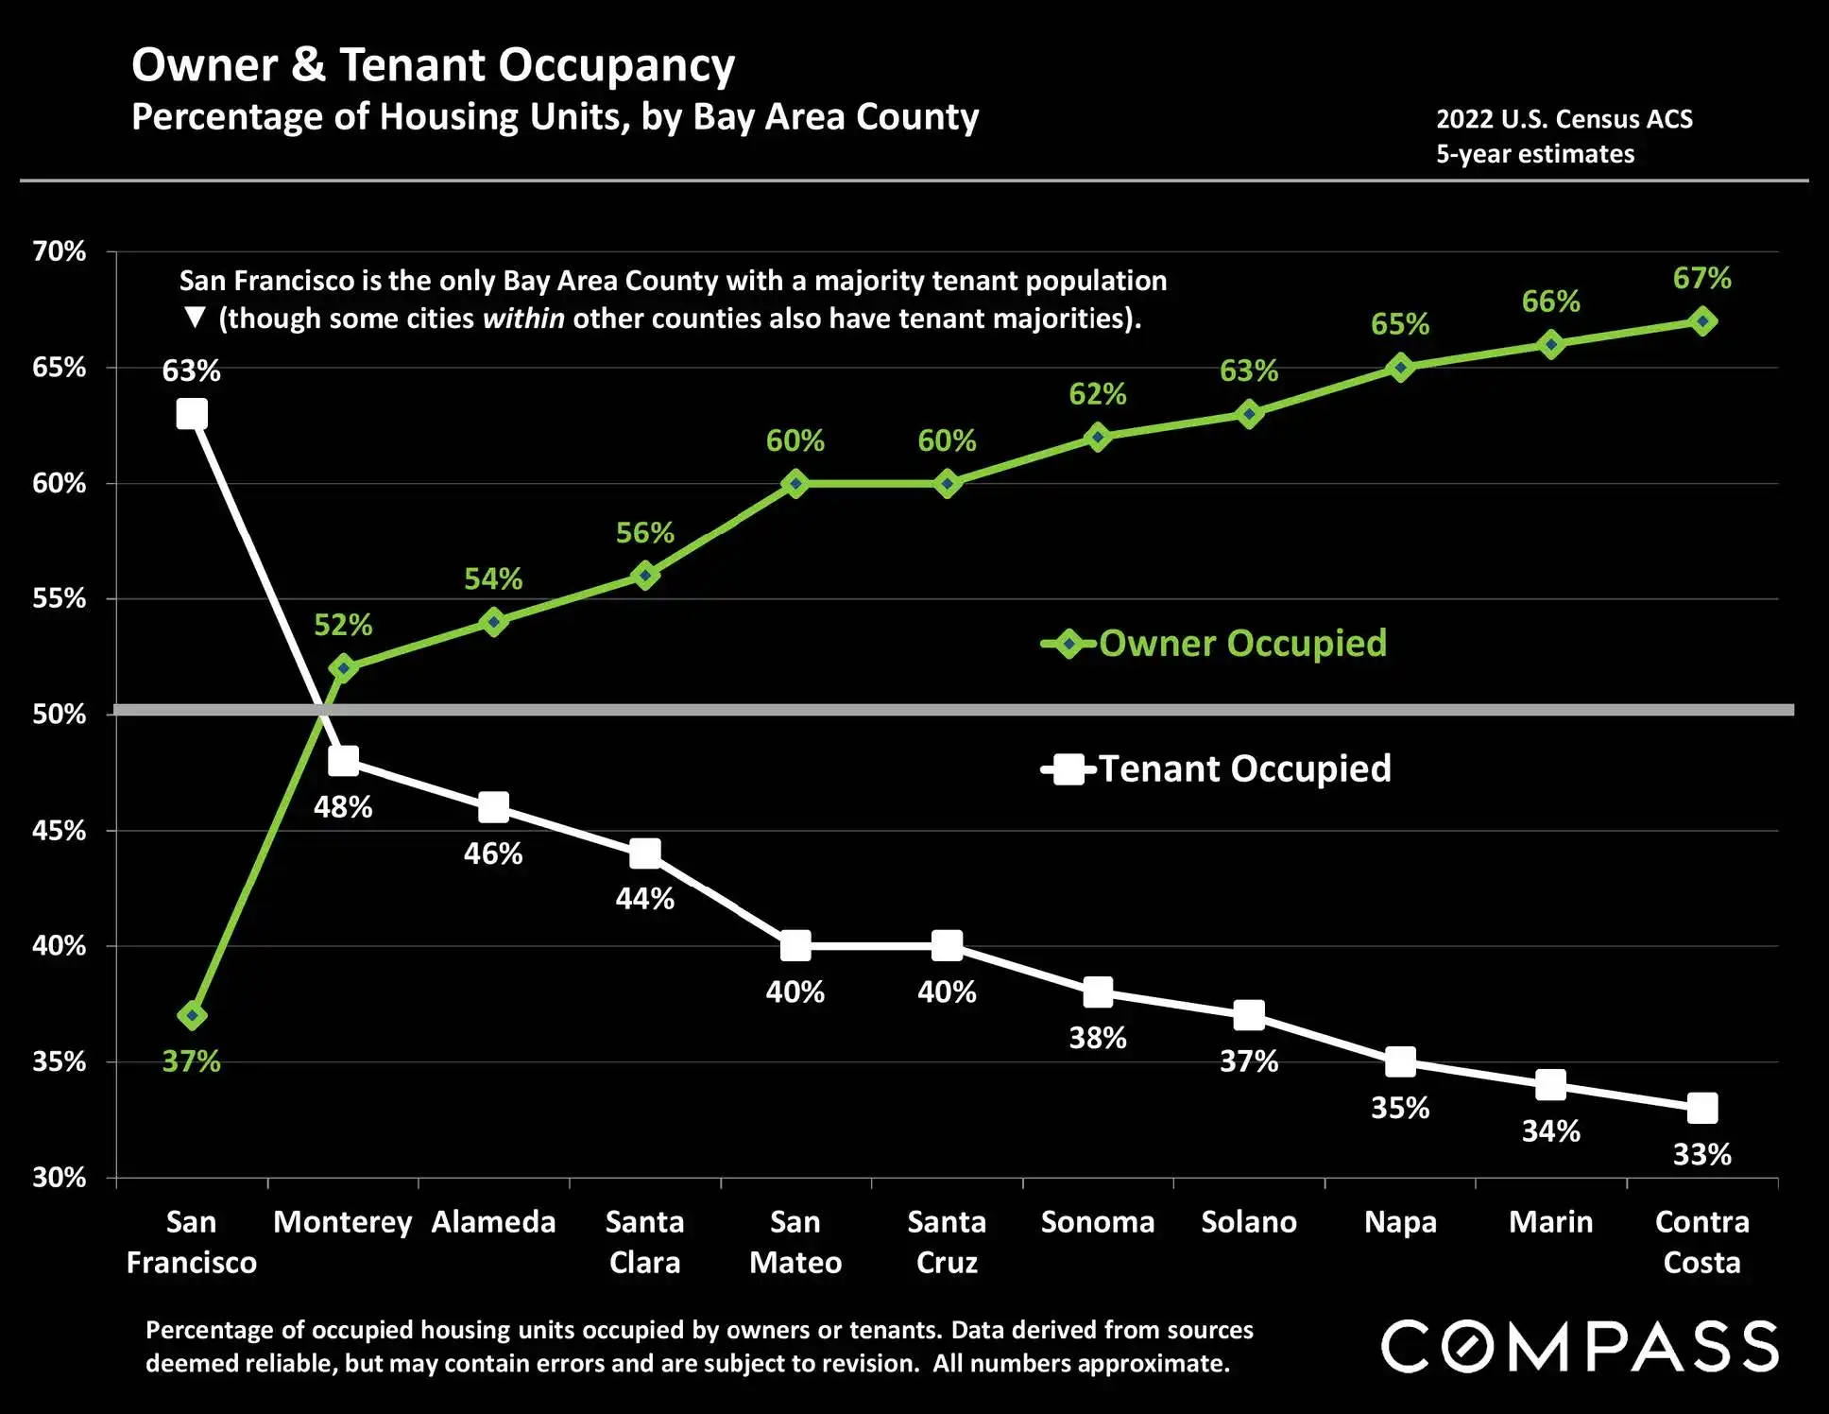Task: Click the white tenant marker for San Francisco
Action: click(x=192, y=414)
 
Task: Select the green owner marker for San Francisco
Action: click(x=193, y=1016)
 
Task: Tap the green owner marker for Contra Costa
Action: click(x=1702, y=321)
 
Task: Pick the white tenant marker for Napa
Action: click(x=1400, y=1061)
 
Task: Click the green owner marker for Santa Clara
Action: click(x=645, y=575)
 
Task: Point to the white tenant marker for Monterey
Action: click(x=343, y=760)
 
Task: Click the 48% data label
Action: click(x=343, y=807)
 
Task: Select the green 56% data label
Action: click(x=645, y=533)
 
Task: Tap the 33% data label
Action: click(x=1702, y=1154)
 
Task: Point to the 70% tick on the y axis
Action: click(x=60, y=251)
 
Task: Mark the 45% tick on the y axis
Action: click(x=60, y=831)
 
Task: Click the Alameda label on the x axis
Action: click(x=494, y=1222)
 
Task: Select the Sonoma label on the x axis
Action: click(x=1098, y=1222)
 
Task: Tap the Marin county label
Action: click(x=1551, y=1222)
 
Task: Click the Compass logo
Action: click(x=1580, y=1346)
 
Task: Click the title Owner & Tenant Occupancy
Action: click(x=433, y=65)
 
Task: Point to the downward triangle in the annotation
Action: click(x=195, y=318)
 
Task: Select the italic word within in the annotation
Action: click(x=523, y=319)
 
